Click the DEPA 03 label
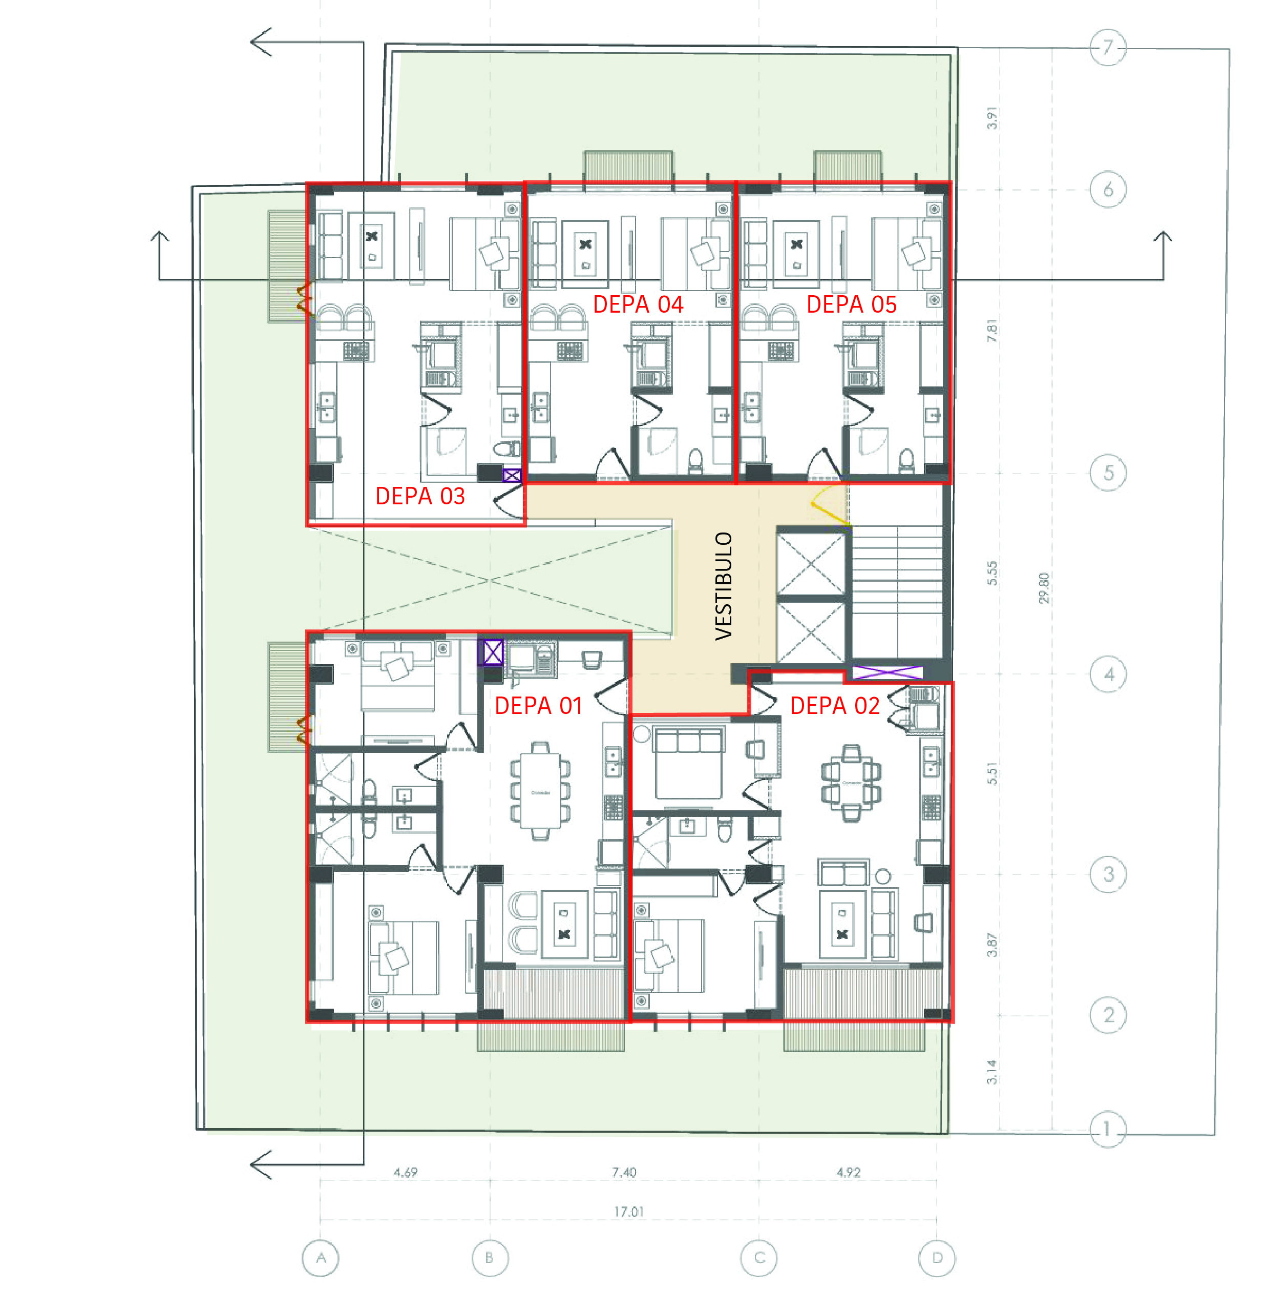coord(420,496)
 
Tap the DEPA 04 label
coord(638,304)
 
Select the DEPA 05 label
coord(851,304)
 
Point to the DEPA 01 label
coord(538,706)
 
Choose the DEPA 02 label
coord(834,706)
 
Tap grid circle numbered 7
coord(1107,47)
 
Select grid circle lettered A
coord(320,1258)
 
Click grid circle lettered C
coord(759,1258)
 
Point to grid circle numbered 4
coord(1108,674)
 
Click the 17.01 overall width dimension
coord(628,1212)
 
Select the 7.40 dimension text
coord(624,1172)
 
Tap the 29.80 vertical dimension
coord(1044,587)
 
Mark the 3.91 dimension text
coord(991,118)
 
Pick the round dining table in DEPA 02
coord(851,783)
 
